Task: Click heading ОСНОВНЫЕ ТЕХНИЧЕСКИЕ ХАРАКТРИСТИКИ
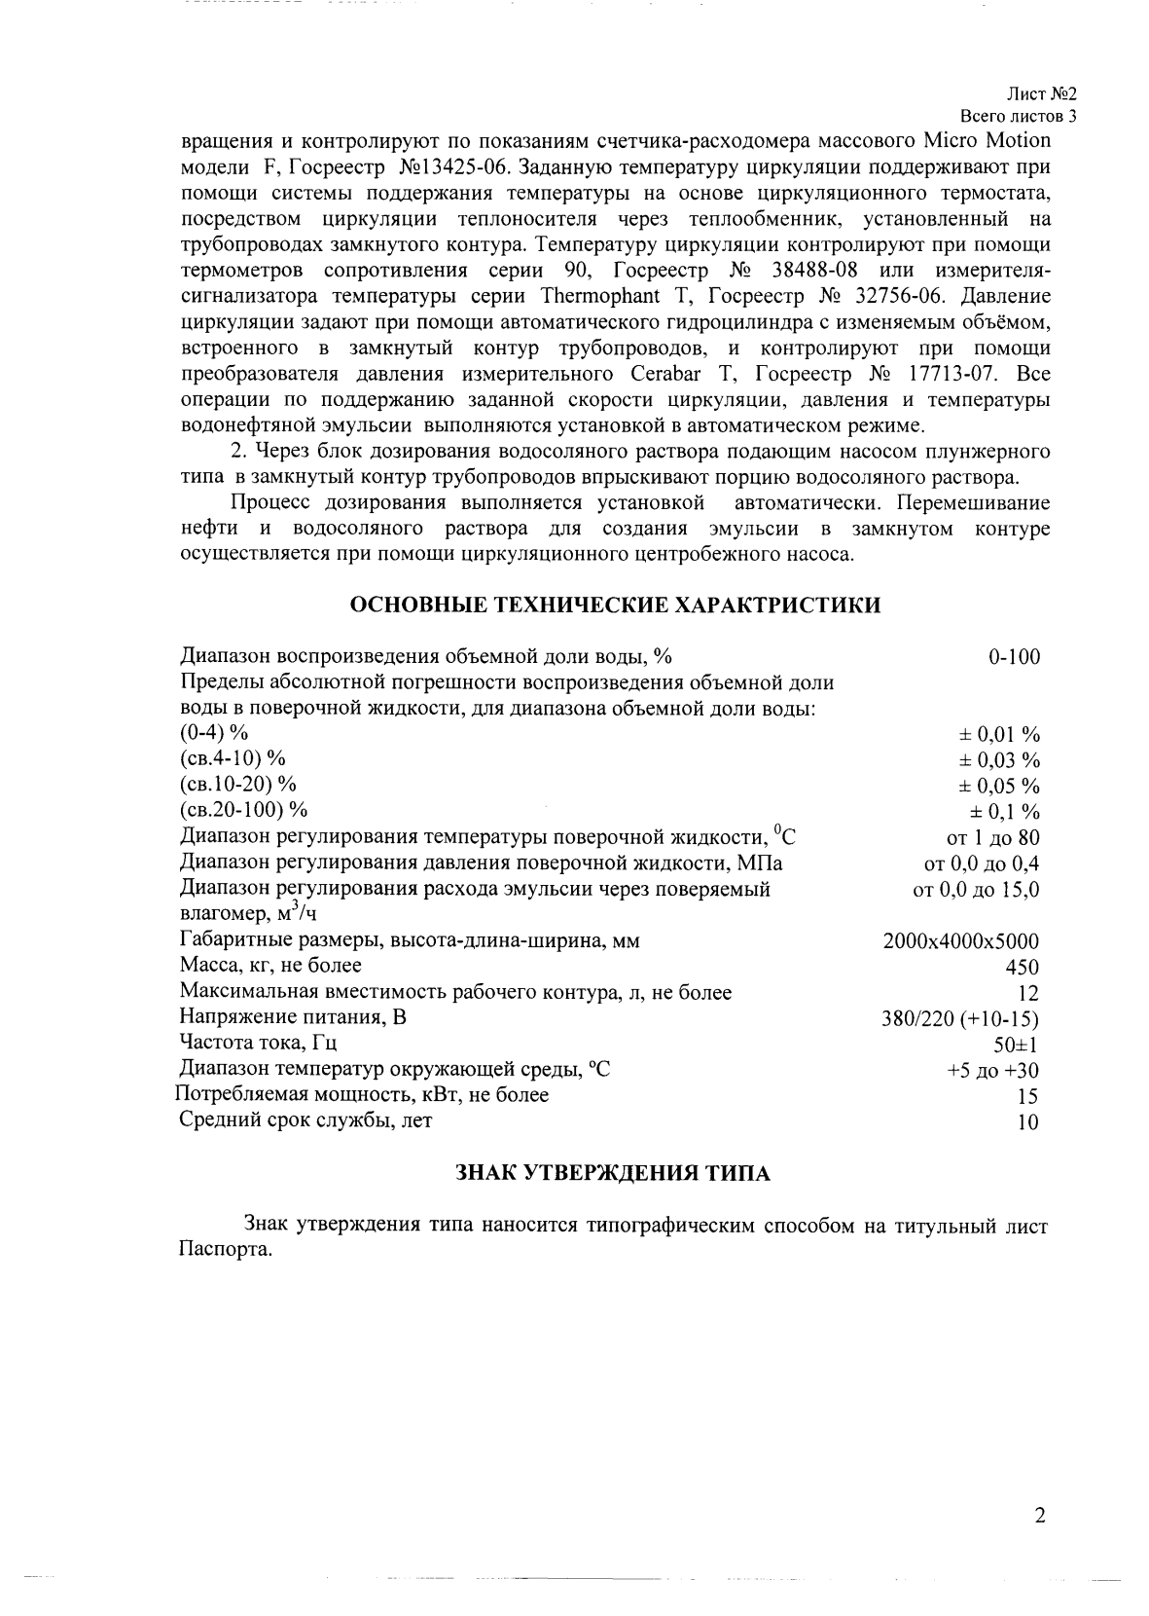(x=615, y=605)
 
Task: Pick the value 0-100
(x=1014, y=657)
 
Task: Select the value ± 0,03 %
(x=1001, y=760)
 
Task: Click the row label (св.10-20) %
(x=238, y=784)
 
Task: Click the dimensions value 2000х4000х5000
(x=960, y=941)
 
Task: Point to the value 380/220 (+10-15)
(x=959, y=1019)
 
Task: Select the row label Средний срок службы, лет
(x=305, y=1120)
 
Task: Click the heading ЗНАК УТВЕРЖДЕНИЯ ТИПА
(x=614, y=1173)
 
